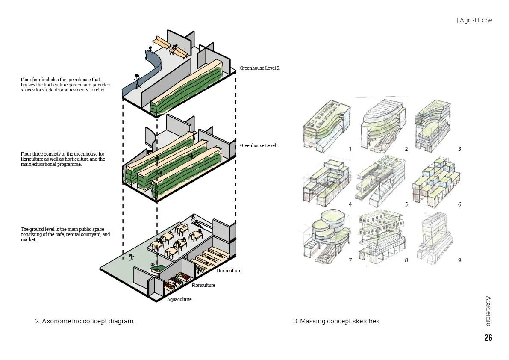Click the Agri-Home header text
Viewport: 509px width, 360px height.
click(x=475, y=20)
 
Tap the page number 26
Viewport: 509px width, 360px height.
click(x=488, y=338)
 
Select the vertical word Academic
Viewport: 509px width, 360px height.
click(x=488, y=311)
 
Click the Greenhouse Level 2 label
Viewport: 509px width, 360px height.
click(x=259, y=68)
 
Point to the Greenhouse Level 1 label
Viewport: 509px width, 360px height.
click(x=259, y=145)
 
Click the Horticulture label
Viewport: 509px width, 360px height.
click(x=229, y=271)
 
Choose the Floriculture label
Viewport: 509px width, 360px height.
click(x=203, y=285)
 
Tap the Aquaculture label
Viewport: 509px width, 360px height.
click(x=179, y=299)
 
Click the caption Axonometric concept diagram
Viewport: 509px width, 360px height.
click(x=84, y=321)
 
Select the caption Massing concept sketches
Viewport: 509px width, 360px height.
click(x=336, y=321)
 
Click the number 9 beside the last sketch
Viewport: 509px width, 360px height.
click(x=459, y=260)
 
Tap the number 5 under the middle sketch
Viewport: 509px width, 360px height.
click(x=406, y=204)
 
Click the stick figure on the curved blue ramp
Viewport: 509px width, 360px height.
click(x=137, y=80)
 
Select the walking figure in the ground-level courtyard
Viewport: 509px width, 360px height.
click(x=132, y=257)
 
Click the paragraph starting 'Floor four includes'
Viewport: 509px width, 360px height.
click(x=65, y=85)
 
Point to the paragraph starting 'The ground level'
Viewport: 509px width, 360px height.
click(x=65, y=234)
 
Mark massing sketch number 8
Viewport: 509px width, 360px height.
click(x=380, y=237)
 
